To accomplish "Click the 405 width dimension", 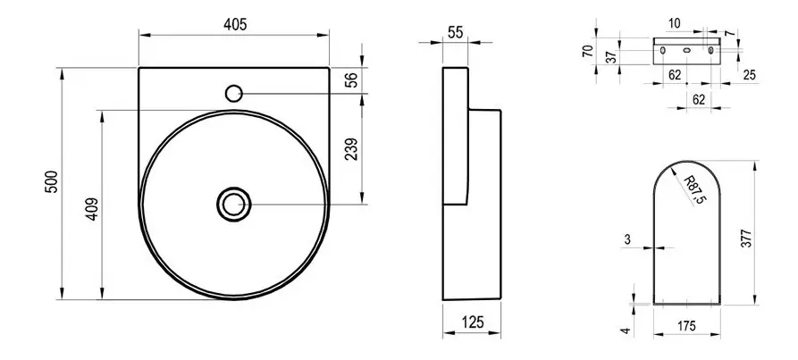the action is [x=235, y=24].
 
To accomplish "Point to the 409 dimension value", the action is [x=93, y=208].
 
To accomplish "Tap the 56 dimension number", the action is [x=352, y=80].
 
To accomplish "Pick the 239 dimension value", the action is [x=352, y=149].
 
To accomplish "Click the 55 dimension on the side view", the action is [x=456, y=31].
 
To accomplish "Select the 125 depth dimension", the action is [x=472, y=322].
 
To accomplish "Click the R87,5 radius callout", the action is [x=693, y=190].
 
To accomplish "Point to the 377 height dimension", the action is [x=747, y=239].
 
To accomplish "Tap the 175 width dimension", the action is [x=687, y=326].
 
